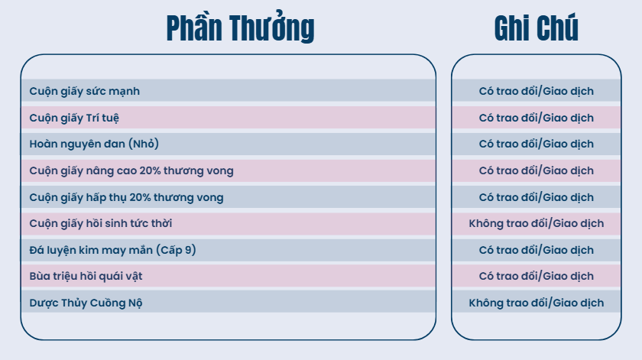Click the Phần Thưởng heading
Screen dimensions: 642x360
click(x=240, y=28)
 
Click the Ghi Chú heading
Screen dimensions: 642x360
click(x=536, y=28)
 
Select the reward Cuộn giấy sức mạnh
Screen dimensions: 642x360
click(x=84, y=91)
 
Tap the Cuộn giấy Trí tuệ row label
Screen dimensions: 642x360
click(x=74, y=118)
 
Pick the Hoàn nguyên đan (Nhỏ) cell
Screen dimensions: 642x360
click(x=94, y=144)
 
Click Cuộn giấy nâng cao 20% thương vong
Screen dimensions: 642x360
click(x=131, y=170)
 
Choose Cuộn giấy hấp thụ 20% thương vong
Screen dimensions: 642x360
click(x=126, y=197)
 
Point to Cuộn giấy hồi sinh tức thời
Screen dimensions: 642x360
click(x=100, y=223)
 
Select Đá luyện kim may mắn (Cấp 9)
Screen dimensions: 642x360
click(x=112, y=250)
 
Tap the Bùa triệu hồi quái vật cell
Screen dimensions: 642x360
click(x=86, y=276)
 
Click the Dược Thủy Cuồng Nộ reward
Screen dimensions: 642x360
click(x=86, y=303)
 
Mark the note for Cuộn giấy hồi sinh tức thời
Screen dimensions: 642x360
click(x=536, y=223)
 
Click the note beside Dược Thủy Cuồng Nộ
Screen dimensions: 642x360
click(x=536, y=303)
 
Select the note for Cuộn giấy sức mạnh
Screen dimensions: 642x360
click(x=536, y=91)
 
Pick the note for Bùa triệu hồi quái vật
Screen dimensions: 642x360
click(x=536, y=276)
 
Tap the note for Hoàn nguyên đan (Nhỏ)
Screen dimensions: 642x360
click(x=536, y=144)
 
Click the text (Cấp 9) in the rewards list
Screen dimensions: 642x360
click(x=176, y=250)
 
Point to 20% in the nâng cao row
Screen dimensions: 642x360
click(x=150, y=170)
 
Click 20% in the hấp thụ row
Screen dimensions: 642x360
click(x=141, y=197)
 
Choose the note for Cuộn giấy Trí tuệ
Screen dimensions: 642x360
click(x=536, y=118)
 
